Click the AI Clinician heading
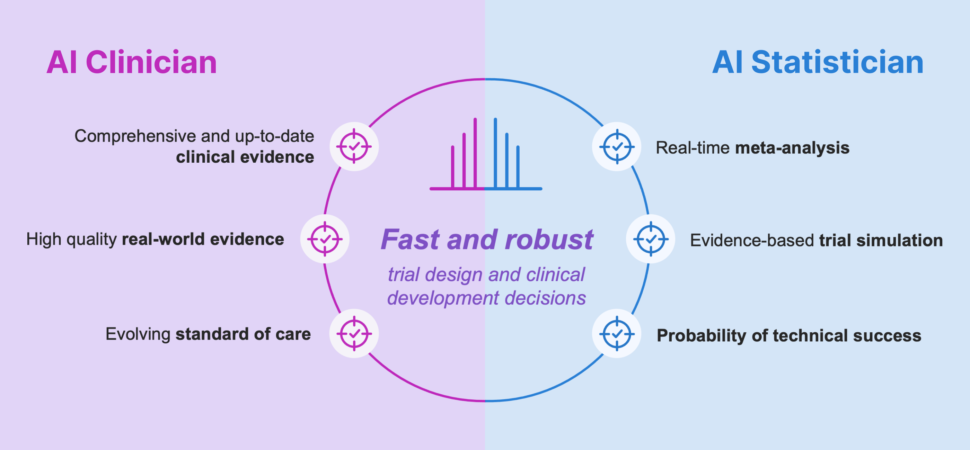click(132, 62)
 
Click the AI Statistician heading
click(818, 62)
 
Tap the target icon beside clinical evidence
click(354, 146)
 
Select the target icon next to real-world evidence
click(325, 239)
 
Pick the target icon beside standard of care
click(354, 333)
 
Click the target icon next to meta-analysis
click(617, 146)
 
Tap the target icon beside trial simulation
click(651, 239)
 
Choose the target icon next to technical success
click(617, 333)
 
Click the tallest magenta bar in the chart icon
click(475, 153)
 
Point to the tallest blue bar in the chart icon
click(495, 153)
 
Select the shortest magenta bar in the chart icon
click(453, 167)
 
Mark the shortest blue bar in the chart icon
click(518, 167)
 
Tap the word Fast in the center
click(411, 239)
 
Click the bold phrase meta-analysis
click(792, 147)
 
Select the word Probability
click(702, 336)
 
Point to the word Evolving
click(138, 334)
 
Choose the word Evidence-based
click(752, 240)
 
